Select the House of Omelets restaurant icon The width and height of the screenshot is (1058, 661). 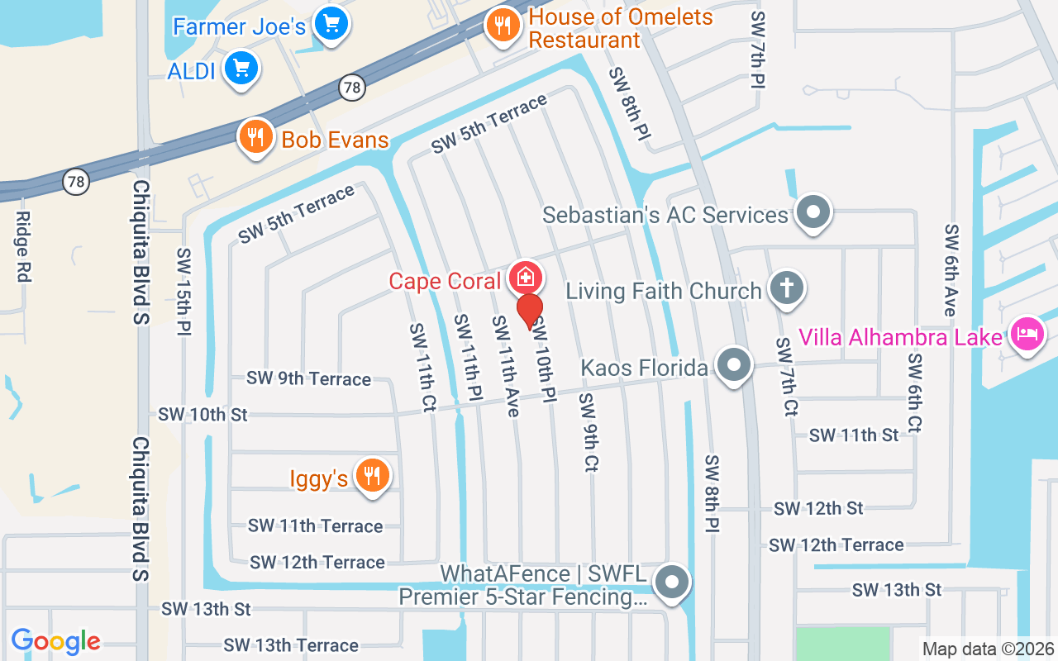[501, 25]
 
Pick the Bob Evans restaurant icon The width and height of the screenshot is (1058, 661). [256, 137]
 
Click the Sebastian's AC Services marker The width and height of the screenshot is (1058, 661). [813, 212]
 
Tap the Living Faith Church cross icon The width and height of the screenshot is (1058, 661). [785, 288]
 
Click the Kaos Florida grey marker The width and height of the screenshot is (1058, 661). [732, 364]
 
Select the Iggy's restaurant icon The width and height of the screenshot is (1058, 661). [372, 476]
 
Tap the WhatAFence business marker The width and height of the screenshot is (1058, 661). [671, 583]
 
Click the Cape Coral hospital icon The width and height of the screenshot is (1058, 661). [524, 278]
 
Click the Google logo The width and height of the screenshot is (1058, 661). [55, 641]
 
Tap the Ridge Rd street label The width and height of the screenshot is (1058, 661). [22, 246]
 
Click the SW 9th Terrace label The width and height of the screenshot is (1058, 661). [308, 378]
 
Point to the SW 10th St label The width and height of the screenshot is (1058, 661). [203, 414]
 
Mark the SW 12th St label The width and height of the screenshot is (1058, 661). [818, 508]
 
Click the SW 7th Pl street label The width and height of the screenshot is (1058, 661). [757, 50]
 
